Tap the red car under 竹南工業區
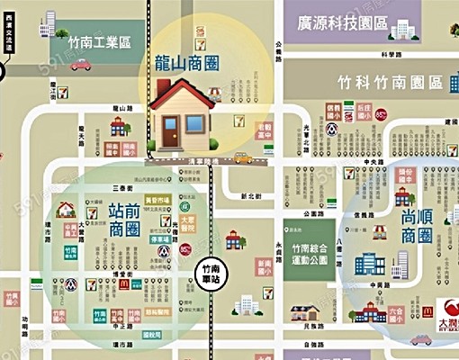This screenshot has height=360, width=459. [80, 65]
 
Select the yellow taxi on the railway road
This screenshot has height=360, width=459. [243, 158]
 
